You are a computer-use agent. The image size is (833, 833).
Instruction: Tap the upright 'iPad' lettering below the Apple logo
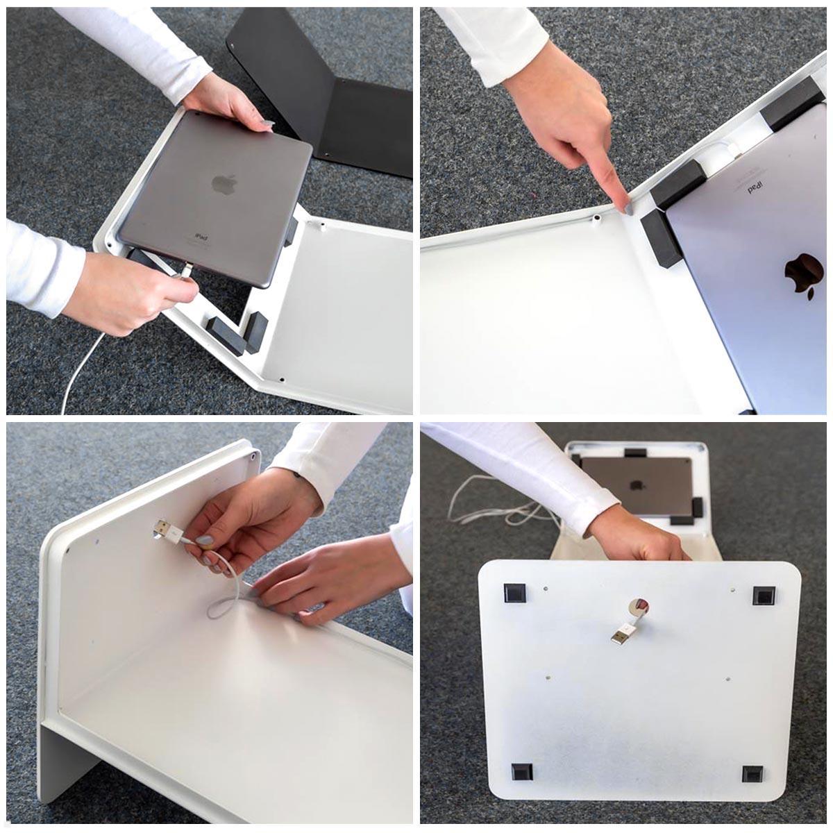pos(202,237)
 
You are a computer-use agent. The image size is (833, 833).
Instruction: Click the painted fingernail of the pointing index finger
pos(627,207)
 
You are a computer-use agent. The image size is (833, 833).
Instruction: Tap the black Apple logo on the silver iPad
pos(800,276)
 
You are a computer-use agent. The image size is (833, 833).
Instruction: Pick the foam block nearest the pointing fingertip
pos(661,238)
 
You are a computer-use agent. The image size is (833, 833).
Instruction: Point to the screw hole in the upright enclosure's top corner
pos(254,457)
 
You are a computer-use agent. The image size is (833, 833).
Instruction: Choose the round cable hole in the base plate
pos(638,607)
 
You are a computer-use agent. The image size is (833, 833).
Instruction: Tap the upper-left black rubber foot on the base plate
pos(514,594)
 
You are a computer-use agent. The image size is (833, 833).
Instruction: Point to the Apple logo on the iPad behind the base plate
pos(636,485)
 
